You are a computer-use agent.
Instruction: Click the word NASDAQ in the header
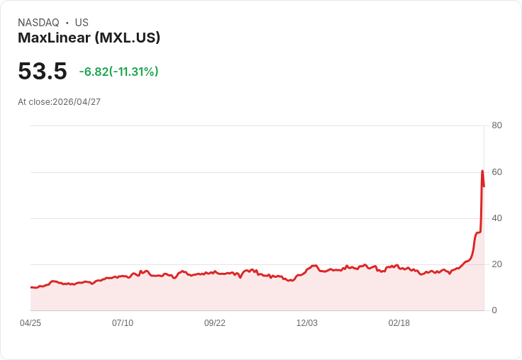point(38,23)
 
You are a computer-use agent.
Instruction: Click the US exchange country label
point(82,23)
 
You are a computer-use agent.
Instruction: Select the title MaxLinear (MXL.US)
point(89,38)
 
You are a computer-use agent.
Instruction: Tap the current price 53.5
point(43,72)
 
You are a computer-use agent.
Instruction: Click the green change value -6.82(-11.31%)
point(118,72)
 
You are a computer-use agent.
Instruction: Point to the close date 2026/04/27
point(77,102)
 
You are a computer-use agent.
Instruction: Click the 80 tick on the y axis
point(496,125)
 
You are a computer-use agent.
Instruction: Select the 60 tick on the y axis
point(496,172)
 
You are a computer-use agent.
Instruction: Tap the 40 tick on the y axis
point(496,218)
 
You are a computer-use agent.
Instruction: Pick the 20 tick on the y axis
point(496,264)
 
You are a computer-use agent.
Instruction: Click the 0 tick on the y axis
point(494,310)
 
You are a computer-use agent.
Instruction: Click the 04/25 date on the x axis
point(30,323)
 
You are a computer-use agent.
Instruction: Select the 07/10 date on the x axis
point(123,323)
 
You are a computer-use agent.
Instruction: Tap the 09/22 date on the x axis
point(215,323)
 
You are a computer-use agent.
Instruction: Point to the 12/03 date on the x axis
point(307,323)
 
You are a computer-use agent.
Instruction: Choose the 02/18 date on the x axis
point(399,323)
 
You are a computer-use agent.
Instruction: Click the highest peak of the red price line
point(482,171)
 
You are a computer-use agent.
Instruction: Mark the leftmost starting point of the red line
point(31,287)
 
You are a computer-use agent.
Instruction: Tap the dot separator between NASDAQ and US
point(67,23)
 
